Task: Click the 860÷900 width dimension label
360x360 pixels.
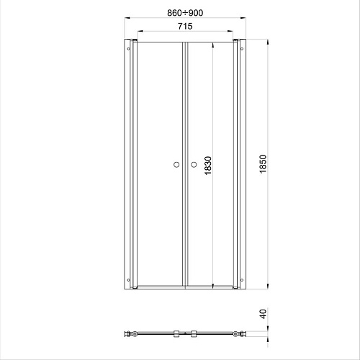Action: [x=185, y=13]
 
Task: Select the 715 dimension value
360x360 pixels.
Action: [x=185, y=26]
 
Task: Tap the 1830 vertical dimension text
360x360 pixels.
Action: [x=208, y=166]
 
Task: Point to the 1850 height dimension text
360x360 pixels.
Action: [x=263, y=164]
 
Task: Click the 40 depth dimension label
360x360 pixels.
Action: [x=264, y=314]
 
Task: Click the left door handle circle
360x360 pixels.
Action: [x=176, y=165]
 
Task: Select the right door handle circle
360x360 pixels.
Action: [x=194, y=165]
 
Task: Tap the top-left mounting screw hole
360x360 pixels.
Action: [x=128, y=49]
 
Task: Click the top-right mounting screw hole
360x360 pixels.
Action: [x=242, y=49]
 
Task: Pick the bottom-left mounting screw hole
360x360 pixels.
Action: [x=128, y=280]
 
